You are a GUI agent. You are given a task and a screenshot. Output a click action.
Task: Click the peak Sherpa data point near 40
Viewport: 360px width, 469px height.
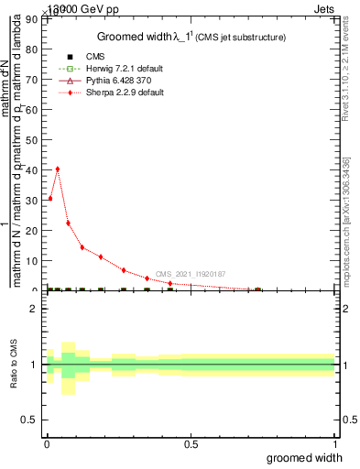tap(58, 169)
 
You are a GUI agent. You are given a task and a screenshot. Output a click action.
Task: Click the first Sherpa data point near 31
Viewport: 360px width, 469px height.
tap(49, 198)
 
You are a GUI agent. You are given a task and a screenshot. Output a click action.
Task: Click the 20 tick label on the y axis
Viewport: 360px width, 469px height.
tap(34, 231)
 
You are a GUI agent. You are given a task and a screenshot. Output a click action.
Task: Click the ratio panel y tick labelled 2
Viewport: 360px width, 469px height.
tap(34, 309)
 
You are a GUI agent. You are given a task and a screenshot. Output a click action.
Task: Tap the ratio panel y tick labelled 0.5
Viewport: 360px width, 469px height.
tap(30, 420)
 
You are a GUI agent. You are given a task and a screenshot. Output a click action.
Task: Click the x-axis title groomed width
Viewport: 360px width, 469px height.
tap(311, 457)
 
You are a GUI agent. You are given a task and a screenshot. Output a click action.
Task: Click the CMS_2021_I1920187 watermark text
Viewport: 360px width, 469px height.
tap(190, 274)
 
